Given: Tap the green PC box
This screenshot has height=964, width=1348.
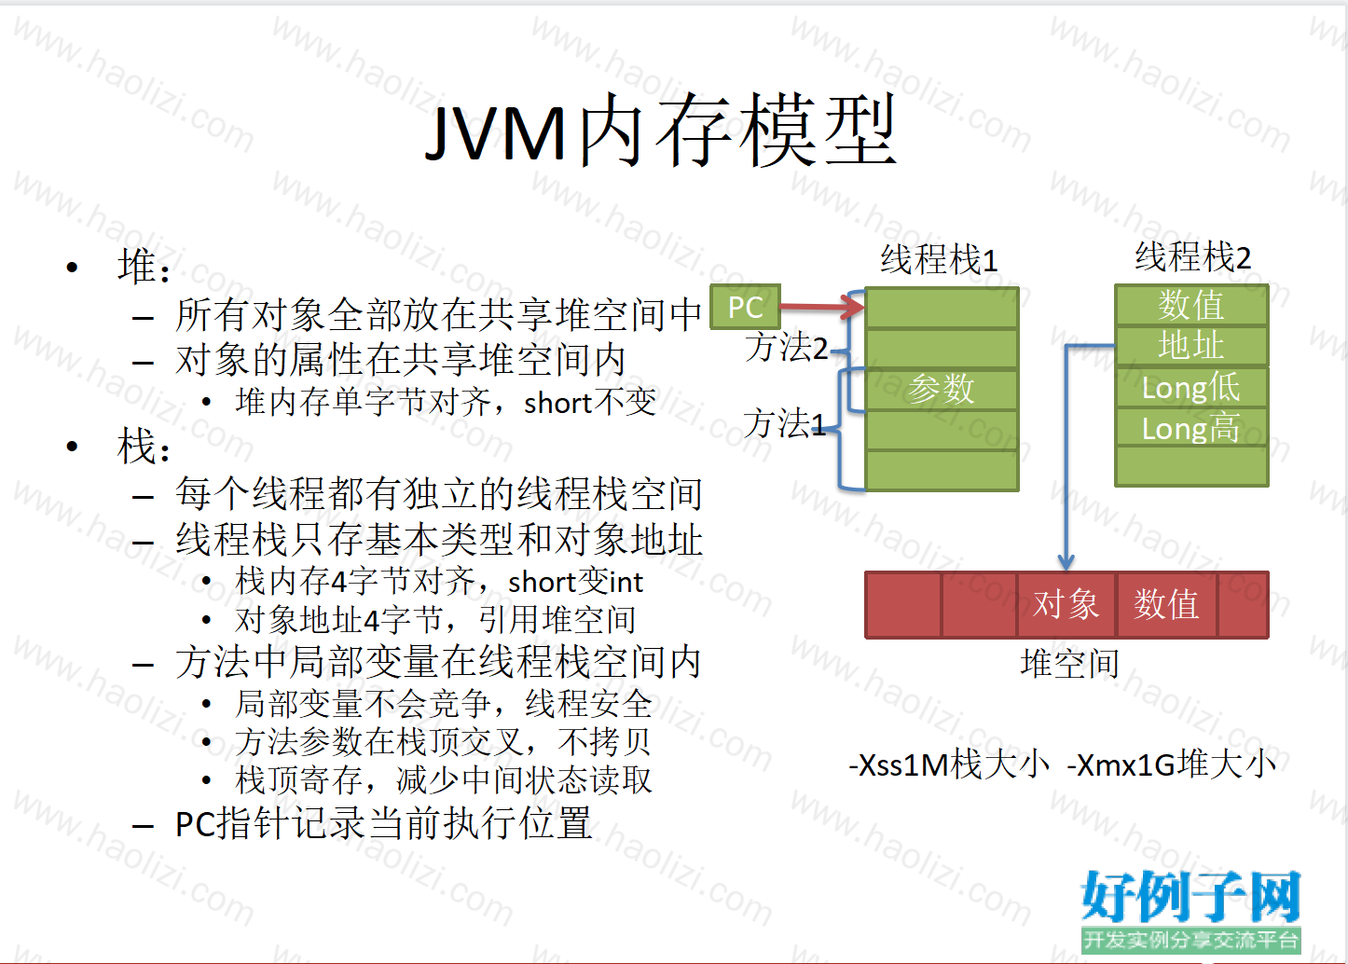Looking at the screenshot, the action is [745, 307].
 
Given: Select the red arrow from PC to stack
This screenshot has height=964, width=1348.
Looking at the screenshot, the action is [822, 307].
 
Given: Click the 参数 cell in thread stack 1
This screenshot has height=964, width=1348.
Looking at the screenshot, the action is [942, 389].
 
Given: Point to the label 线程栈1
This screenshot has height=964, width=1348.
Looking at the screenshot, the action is [939, 260].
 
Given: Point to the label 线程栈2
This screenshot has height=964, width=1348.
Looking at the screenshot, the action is [1192, 256].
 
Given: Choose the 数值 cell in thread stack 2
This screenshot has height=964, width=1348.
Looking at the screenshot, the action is [1191, 305].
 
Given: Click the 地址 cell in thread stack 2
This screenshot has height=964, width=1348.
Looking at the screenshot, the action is [1191, 345].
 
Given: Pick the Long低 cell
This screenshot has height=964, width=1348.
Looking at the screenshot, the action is [1191, 387].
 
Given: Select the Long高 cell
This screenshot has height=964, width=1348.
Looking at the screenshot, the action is [1191, 428].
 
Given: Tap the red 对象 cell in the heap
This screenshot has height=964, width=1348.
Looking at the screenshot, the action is [1066, 604].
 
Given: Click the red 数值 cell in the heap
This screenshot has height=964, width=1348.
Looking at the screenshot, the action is [1167, 604].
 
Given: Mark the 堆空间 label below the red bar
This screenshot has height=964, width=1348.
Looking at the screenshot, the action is [1070, 664].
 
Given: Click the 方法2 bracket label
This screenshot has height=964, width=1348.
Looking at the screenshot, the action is [787, 347].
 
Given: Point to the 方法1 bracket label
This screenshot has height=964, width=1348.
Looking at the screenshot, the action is [784, 422].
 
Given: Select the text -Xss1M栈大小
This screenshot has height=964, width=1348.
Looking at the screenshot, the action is [949, 764].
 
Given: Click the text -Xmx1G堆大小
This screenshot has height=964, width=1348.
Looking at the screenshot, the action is [1171, 764].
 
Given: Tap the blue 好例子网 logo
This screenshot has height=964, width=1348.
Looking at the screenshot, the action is [1191, 897].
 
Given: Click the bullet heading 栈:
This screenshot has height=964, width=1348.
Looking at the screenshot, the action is [144, 447].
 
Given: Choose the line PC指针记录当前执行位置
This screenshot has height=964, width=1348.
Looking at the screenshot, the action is [383, 823].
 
